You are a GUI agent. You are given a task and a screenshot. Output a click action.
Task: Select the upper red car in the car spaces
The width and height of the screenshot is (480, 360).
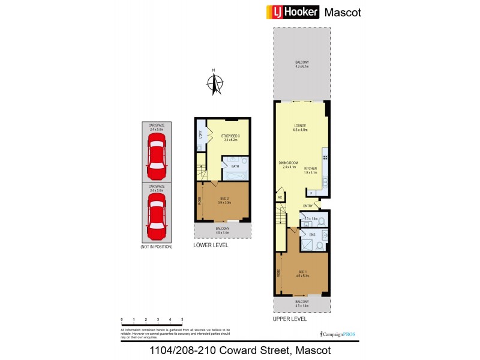[x=157, y=152]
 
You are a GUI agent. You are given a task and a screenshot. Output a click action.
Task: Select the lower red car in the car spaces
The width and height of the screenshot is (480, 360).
[x=157, y=214]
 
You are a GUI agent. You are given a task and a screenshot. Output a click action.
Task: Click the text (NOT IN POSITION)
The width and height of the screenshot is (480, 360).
[x=156, y=247]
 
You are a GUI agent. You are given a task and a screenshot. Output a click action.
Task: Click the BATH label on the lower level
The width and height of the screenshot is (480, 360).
[x=235, y=166]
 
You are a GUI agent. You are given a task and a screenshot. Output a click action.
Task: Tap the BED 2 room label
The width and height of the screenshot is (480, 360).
[x=225, y=200]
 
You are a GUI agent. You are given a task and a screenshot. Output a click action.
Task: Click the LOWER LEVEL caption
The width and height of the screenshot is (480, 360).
[x=211, y=245]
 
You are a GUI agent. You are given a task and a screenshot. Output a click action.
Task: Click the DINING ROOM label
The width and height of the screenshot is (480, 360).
[x=289, y=163]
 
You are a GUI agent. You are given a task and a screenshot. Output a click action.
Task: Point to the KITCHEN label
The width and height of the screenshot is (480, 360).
[x=310, y=169]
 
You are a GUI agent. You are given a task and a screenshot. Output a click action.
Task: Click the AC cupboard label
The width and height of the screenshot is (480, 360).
[x=280, y=197]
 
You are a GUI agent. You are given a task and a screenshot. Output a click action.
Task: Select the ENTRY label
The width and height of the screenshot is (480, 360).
[x=307, y=206]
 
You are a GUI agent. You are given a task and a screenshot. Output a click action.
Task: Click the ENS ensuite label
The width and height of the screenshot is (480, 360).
[x=304, y=235]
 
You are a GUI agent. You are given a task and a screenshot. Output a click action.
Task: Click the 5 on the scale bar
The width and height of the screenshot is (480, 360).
[x=182, y=320]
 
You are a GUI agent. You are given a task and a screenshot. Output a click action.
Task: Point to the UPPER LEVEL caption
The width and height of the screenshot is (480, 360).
[x=290, y=319]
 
